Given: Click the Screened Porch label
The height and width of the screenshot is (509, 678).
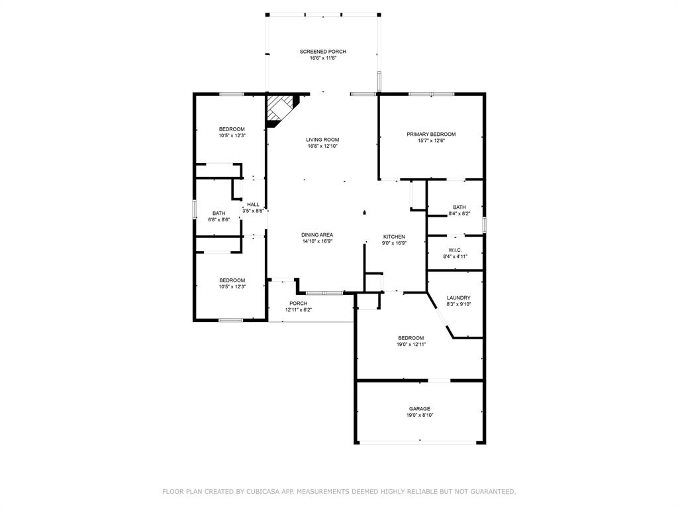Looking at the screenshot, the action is click(323, 52).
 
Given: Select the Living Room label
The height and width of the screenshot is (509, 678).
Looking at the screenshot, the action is click(322, 140).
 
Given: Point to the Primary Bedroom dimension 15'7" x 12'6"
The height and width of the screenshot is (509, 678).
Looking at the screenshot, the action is click(431, 141).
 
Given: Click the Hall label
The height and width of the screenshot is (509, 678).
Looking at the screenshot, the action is click(254, 205).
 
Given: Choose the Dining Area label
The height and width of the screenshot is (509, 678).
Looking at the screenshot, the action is click(317, 235).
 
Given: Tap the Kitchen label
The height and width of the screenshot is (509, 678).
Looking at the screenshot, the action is click(395, 237).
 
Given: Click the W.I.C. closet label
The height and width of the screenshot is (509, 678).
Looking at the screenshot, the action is click(456, 250).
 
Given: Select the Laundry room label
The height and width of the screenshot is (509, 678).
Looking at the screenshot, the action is click(459, 298).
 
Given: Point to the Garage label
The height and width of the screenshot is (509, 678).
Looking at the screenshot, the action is click(420, 408).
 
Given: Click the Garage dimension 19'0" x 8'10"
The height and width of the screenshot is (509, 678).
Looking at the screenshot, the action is click(420, 415).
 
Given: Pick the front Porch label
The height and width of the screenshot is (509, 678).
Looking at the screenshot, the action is click(299, 304).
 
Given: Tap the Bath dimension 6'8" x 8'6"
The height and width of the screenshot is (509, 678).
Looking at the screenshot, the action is click(218, 219).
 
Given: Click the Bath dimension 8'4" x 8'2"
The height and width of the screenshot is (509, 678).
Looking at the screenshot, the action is click(460, 213).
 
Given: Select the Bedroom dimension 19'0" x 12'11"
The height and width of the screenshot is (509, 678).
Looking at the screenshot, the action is click(411, 345).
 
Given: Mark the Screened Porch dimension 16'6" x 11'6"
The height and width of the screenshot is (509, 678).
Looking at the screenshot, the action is click(323, 58).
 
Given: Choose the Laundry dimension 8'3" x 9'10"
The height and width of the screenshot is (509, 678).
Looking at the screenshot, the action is click(459, 304).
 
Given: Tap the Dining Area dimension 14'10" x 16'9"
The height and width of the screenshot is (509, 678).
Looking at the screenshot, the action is click(317, 241).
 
